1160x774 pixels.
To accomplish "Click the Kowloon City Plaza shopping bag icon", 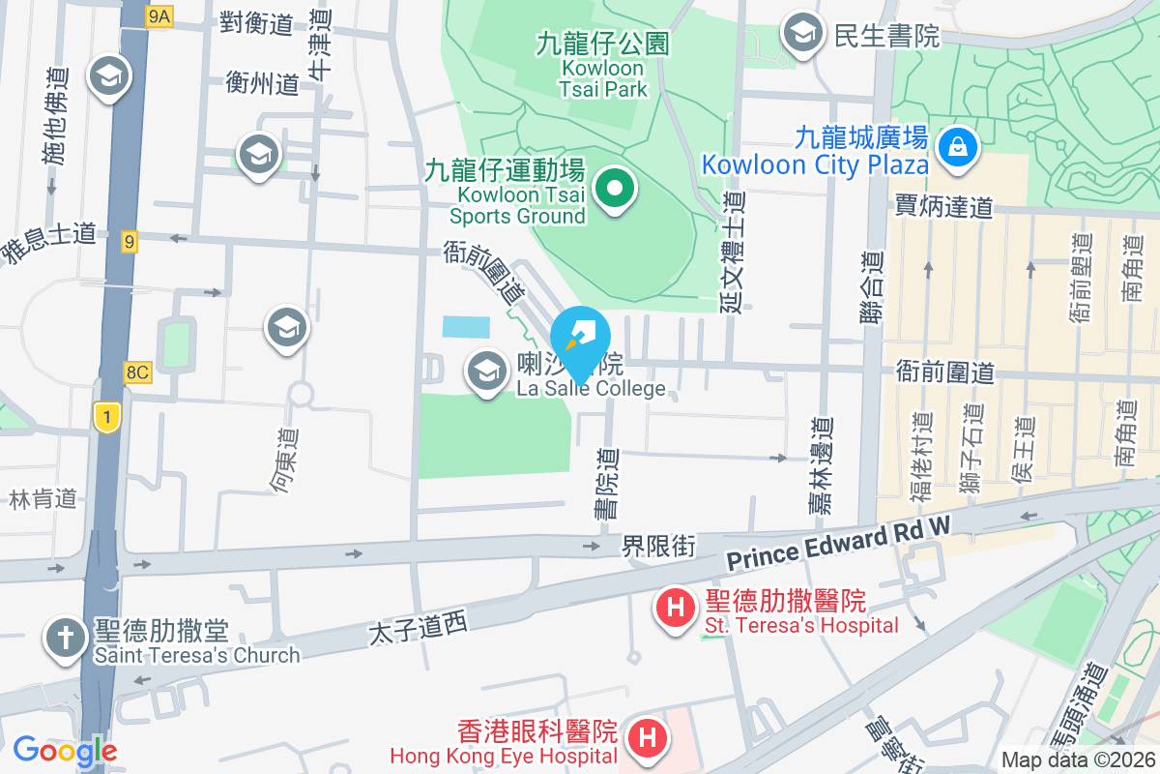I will coord(956,149).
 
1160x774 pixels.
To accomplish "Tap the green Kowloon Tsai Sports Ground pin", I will coord(613,188).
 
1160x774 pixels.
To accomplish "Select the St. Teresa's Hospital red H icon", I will coord(677,609).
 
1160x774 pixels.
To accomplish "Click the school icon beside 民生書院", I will coord(801,34).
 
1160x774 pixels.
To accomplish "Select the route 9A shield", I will coord(159,16).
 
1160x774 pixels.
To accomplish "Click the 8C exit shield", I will coord(137,372).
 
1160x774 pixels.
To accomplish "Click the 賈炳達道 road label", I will coord(942,206).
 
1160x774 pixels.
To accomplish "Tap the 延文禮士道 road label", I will coord(732,251).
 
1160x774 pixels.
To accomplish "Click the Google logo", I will coord(65,750).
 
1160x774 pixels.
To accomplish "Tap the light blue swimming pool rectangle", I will coord(466,326).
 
